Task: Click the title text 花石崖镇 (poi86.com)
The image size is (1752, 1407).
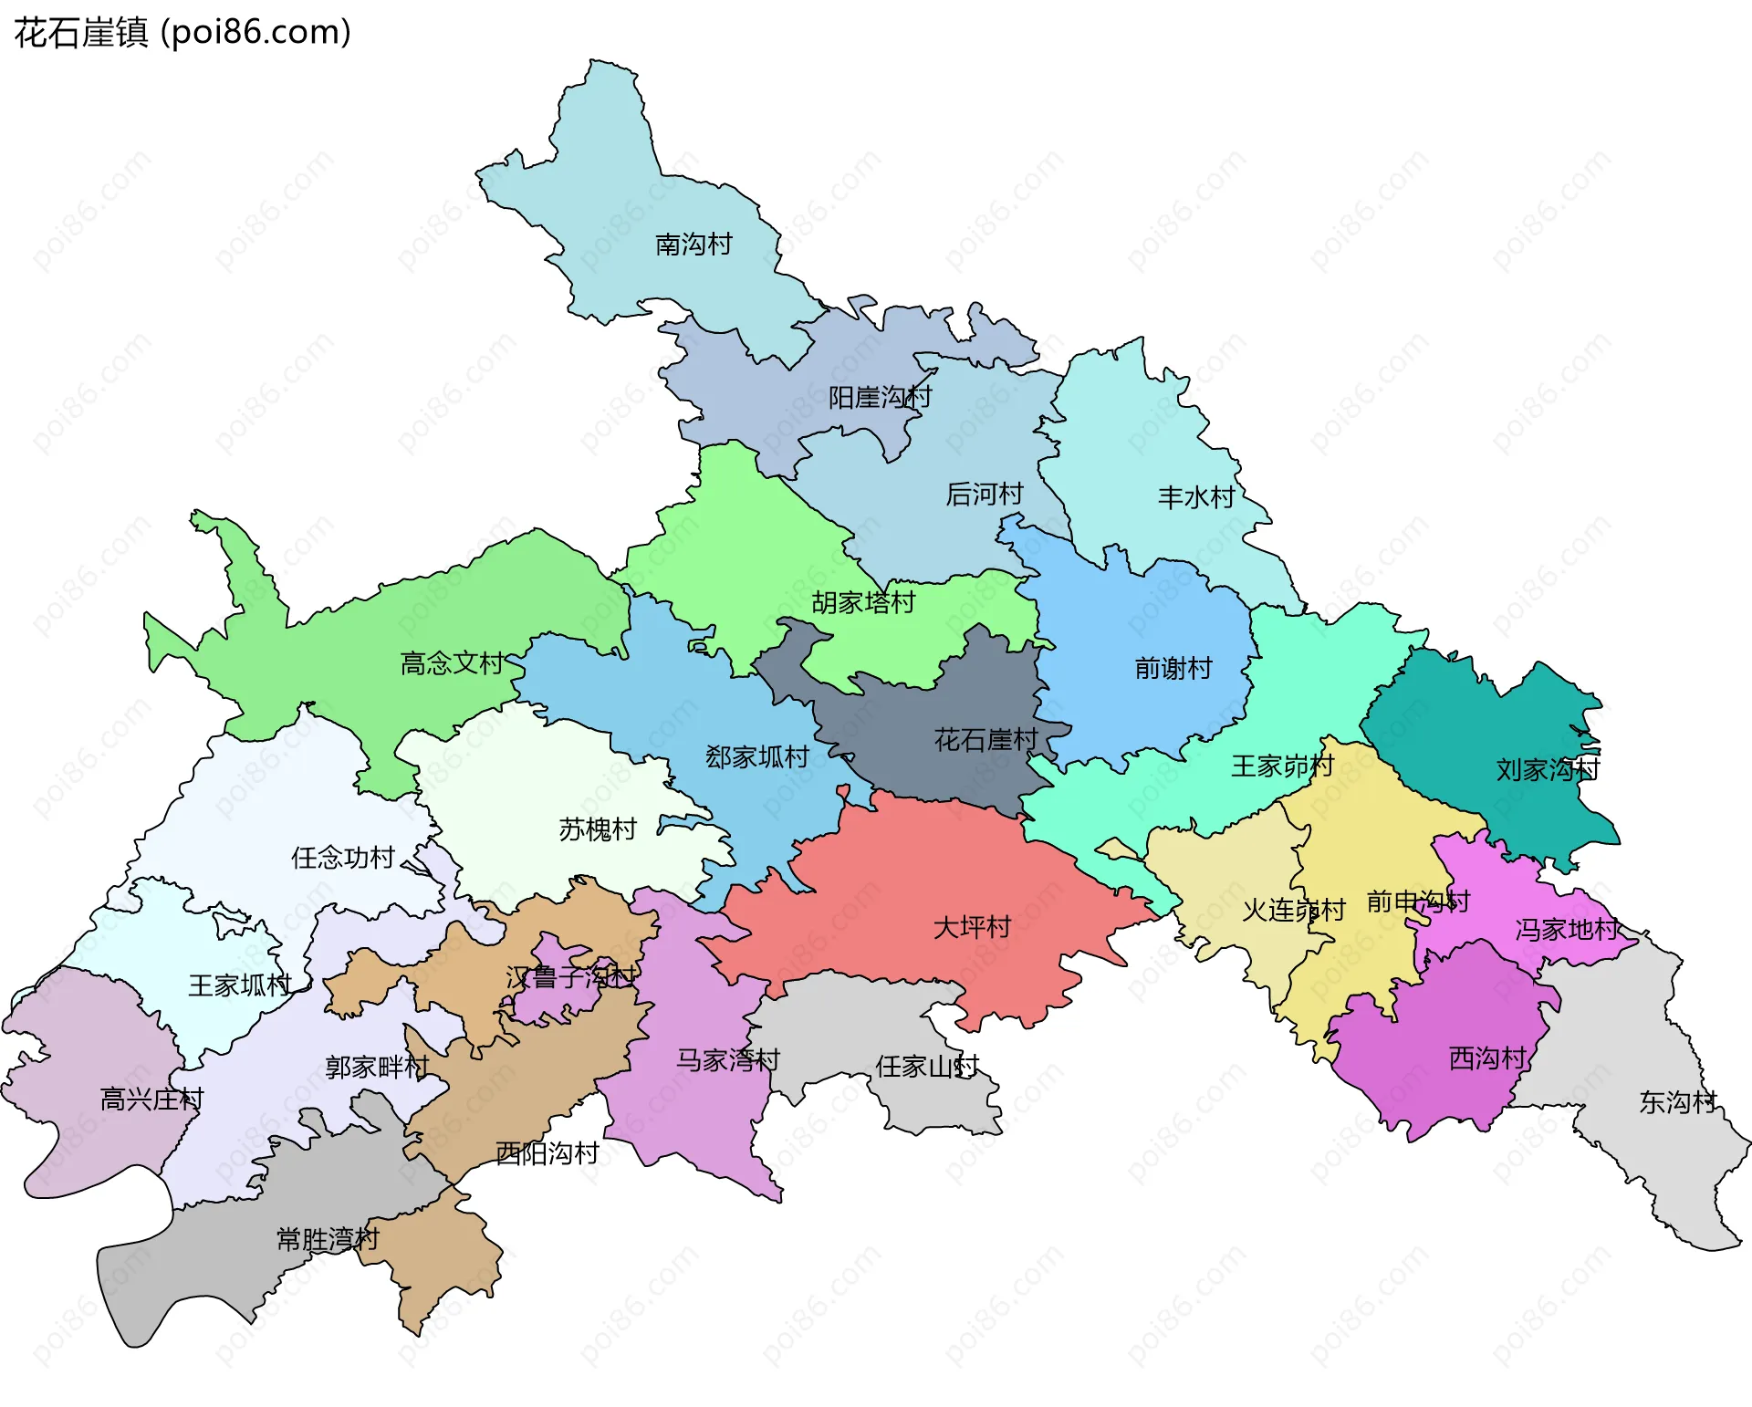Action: (x=182, y=33)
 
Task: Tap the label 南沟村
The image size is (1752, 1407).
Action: (x=693, y=245)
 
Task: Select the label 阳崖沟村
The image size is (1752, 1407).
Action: (x=880, y=398)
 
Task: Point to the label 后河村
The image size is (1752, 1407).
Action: (x=984, y=495)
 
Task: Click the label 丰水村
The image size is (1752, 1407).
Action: (x=1195, y=497)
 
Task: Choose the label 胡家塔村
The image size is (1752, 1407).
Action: (x=863, y=603)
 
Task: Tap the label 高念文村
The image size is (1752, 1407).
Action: (x=453, y=663)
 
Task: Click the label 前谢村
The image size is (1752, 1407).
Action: (x=1173, y=669)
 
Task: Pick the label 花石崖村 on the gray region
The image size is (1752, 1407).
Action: (x=985, y=739)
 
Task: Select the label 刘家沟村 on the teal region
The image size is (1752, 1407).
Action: (x=1548, y=770)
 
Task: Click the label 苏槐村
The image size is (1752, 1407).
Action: (x=598, y=829)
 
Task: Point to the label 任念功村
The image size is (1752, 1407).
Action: (x=343, y=858)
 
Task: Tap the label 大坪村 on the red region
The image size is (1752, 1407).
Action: (x=972, y=928)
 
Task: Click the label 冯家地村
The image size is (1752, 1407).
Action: (x=1567, y=930)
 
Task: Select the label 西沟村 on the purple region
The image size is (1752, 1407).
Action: (x=1487, y=1058)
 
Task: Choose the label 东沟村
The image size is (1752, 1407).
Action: (x=1677, y=1102)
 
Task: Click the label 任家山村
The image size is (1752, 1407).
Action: (x=927, y=1067)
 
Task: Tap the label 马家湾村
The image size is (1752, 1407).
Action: (x=727, y=1060)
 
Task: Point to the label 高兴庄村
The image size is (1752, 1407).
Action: (x=151, y=1100)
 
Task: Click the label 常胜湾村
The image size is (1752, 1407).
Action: (x=328, y=1239)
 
